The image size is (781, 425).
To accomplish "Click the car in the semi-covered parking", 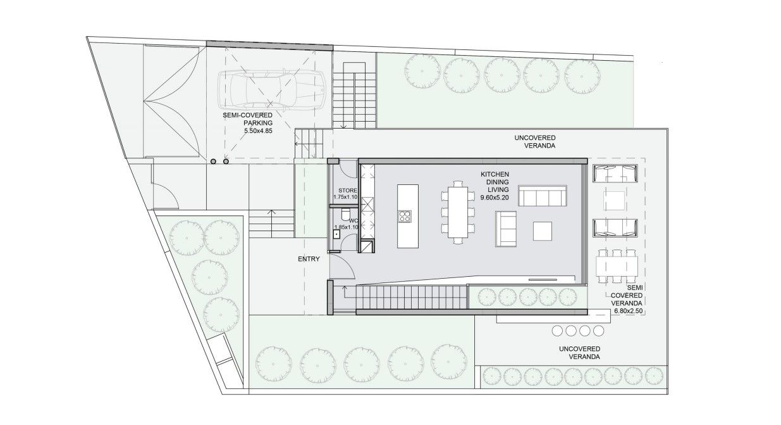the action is pos(271,90).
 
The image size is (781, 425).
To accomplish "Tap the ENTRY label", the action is pos(309,259).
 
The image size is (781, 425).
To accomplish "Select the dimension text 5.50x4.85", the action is pos(258,131).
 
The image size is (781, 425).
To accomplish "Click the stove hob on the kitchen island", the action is pos(405,216).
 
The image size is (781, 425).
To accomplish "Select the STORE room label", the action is pos(348,190).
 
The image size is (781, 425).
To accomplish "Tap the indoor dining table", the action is pos(458,212).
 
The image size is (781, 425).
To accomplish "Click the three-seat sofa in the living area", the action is pos(542,196).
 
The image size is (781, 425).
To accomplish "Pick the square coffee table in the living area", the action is pos(542,231).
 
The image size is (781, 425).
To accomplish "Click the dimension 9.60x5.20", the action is pos(495,198).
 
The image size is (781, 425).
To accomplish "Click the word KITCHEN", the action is pos(495,174).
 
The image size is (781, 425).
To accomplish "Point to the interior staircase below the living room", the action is pos(412,297).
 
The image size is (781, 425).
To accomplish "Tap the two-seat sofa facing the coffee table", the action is pos(506,229).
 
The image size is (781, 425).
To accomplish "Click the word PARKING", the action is pos(258,123).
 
